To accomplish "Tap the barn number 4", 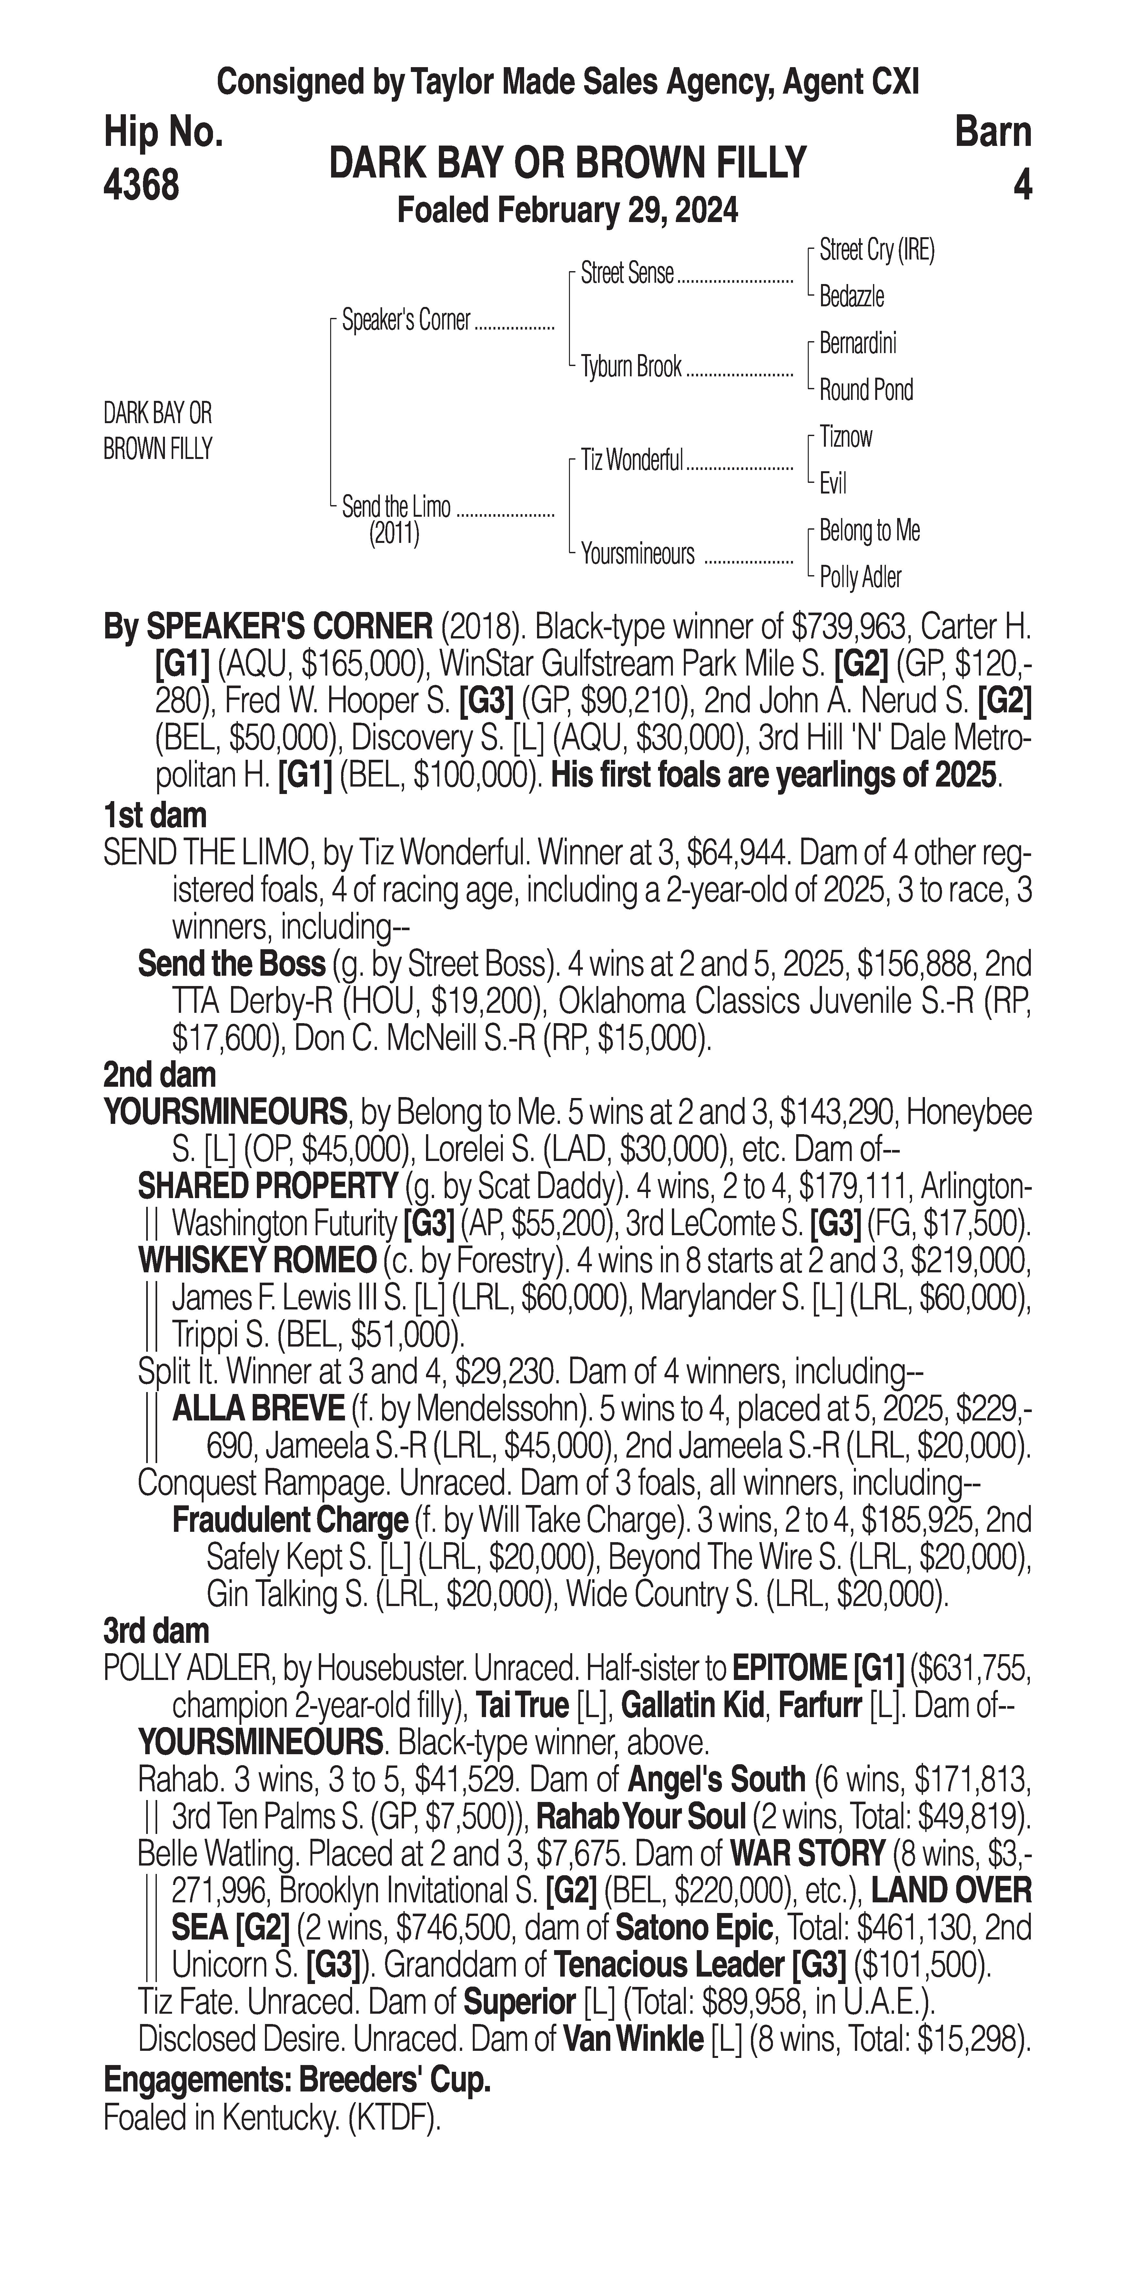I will click(x=1021, y=185).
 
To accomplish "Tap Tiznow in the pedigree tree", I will click(x=846, y=437).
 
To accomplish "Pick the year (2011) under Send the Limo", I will click(x=394, y=534).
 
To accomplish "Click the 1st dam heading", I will click(x=155, y=816).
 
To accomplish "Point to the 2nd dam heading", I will click(x=159, y=1074).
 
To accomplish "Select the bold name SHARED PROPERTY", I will click(x=268, y=1186).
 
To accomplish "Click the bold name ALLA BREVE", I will click(x=258, y=1409).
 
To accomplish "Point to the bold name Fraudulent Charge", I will click(x=290, y=1520).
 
